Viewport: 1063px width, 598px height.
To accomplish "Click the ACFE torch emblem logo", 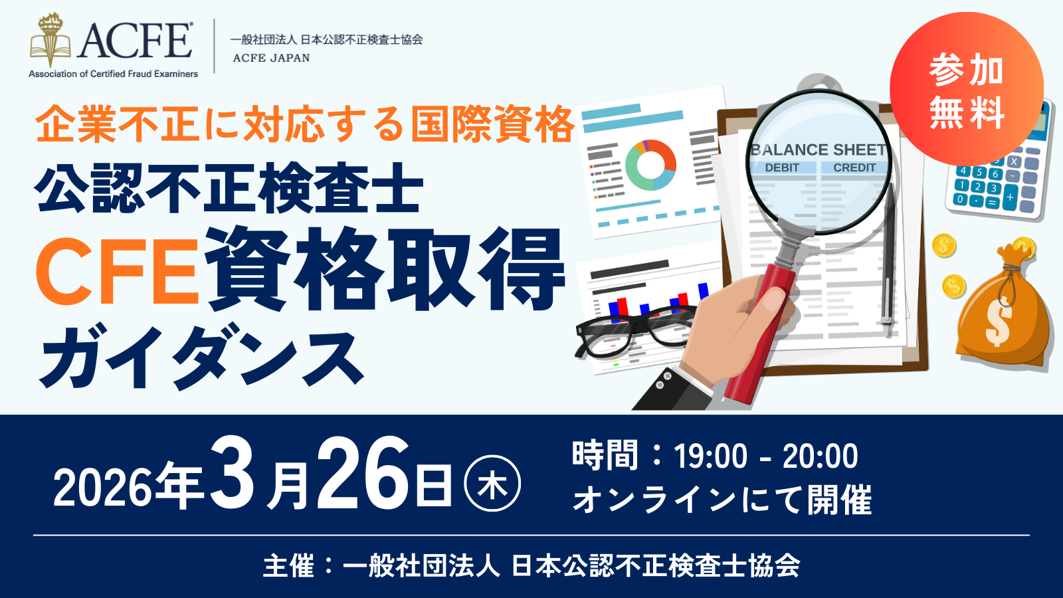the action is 50,41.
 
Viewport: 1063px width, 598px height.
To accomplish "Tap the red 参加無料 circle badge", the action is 966,89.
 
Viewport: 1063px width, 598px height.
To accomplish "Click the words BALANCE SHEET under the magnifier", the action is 818,150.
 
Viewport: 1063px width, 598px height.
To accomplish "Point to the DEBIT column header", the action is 782,167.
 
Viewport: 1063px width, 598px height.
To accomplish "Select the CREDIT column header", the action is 854,167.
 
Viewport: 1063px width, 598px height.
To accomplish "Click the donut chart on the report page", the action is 650,165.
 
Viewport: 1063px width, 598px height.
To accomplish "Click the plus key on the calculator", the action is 1009,197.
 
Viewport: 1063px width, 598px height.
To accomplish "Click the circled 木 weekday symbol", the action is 492,484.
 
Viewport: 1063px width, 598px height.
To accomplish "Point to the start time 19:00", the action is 710,456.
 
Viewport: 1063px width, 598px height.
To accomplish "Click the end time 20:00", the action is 820,456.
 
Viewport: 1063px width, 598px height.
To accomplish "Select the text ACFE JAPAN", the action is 271,58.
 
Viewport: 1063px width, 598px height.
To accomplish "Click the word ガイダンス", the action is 201,355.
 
